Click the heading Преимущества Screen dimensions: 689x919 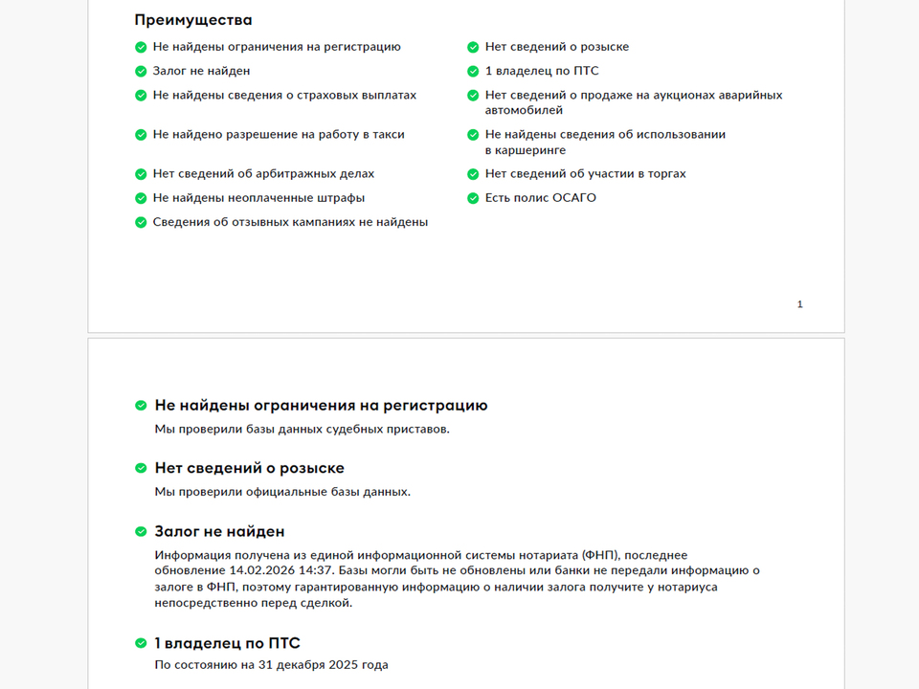coord(193,20)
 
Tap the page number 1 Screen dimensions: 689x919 coord(800,304)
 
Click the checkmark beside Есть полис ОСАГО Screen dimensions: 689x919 coord(473,198)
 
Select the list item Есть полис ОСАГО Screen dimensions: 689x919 coord(540,198)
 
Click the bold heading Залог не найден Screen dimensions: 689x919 coord(219,531)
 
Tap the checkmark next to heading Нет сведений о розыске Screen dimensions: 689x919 coord(142,469)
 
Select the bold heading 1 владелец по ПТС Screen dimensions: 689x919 coord(227,643)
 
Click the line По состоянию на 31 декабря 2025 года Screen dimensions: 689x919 coord(271,664)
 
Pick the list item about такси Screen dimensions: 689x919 coord(278,135)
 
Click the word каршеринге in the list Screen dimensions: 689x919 coord(525,150)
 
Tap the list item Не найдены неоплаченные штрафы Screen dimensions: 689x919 coord(258,198)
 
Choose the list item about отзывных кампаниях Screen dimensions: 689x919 coord(290,222)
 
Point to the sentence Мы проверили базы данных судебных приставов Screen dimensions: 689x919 coord(302,429)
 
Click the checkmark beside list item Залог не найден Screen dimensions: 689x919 coord(142,71)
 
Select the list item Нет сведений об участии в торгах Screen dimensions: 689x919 coord(585,174)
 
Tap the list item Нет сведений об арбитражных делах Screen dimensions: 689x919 coord(263,174)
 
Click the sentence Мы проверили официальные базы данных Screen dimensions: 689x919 coord(282,492)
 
